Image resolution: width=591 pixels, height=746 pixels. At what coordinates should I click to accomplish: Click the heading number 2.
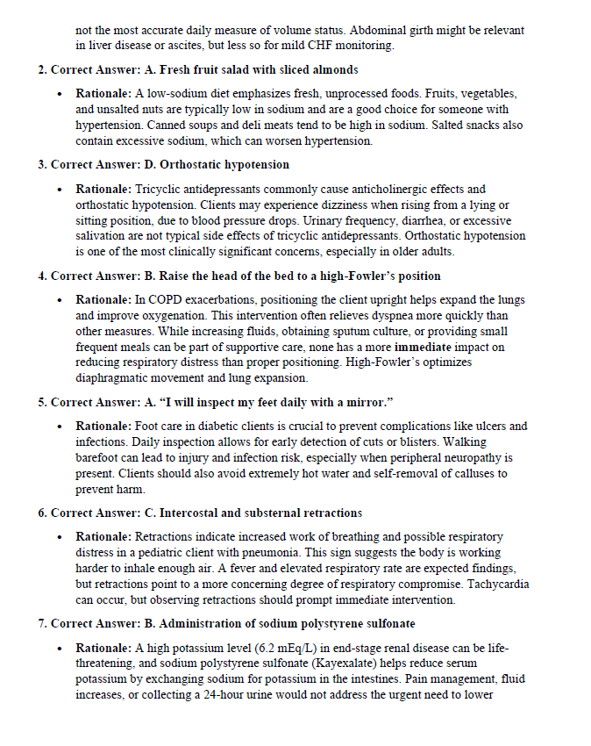point(41,69)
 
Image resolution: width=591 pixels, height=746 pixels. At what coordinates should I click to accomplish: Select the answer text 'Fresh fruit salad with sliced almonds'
point(258,69)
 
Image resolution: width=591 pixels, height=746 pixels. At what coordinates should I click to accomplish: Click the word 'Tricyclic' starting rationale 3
point(159,189)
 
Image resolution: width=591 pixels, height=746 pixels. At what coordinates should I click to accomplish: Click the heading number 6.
point(41,513)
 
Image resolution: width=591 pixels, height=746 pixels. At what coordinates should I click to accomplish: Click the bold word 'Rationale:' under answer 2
point(103,93)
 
